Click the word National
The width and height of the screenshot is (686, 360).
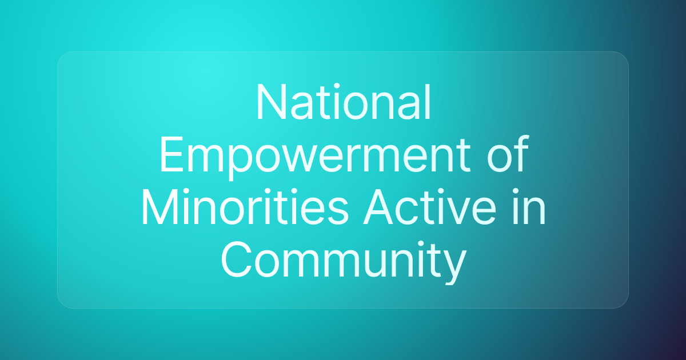(x=343, y=103)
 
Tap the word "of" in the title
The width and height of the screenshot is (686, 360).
(x=506, y=155)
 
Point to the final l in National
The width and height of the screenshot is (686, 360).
(x=427, y=103)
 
